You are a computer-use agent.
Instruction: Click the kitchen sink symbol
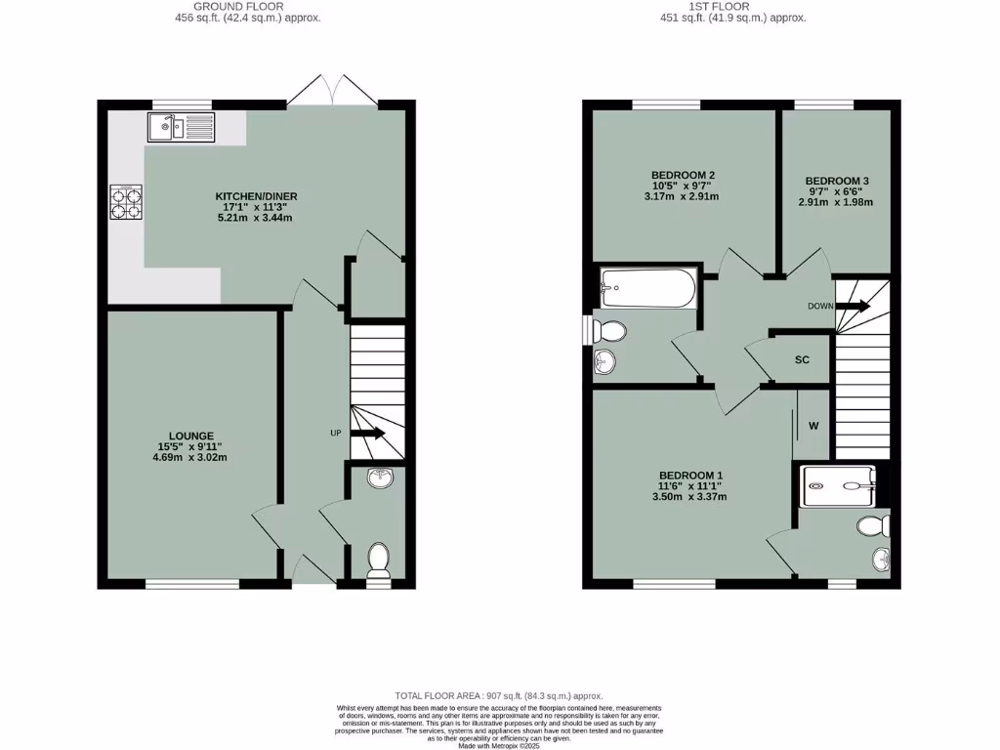pos(181,127)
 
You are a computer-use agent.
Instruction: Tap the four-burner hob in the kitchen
pos(125,201)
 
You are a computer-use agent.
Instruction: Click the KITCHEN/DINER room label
pos(256,196)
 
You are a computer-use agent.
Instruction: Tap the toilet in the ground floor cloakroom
pos(378,561)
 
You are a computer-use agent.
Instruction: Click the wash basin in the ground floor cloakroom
pos(376,479)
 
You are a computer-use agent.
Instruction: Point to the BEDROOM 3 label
pos(837,181)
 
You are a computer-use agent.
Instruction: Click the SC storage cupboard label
pos(802,360)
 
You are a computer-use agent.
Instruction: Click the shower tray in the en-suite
pos(837,485)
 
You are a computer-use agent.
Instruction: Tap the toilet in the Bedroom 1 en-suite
pos(872,527)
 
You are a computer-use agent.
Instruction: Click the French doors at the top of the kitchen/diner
pos(334,90)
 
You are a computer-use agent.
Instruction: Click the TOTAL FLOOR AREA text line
pos(499,695)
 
